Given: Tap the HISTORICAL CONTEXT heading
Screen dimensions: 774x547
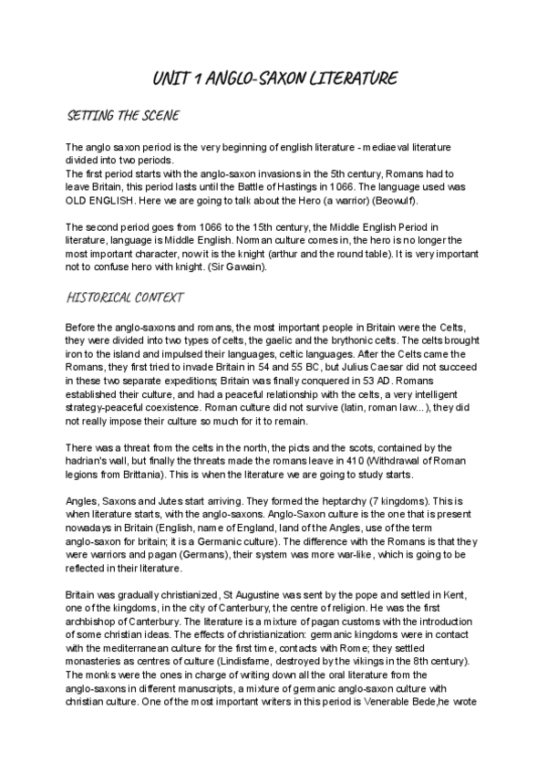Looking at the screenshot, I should coord(126,297).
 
